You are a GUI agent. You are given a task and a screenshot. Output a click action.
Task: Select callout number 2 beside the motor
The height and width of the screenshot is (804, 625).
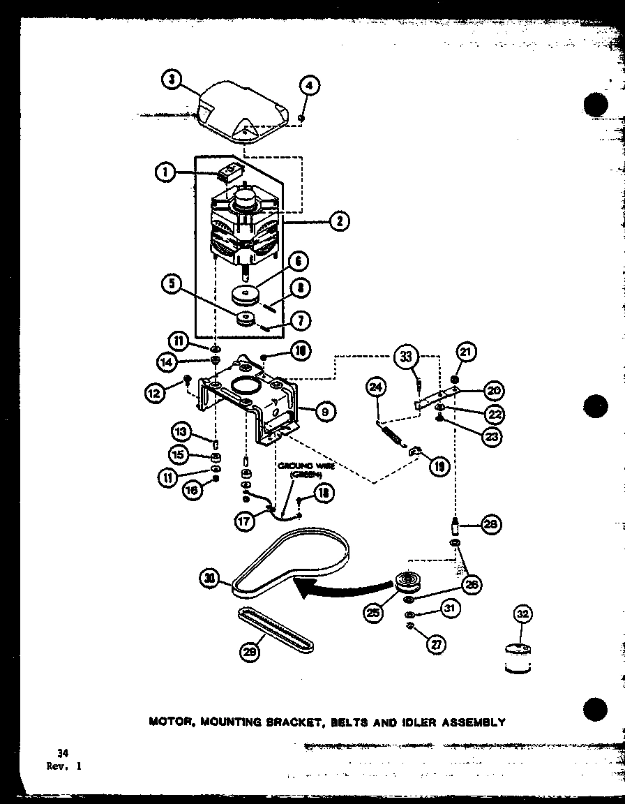[338, 222]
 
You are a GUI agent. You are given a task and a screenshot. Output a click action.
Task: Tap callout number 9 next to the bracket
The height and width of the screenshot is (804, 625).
[324, 412]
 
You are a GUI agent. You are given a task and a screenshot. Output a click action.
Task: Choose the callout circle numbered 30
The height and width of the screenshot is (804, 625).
[209, 577]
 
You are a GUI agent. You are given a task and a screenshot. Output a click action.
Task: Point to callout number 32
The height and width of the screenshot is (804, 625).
[522, 614]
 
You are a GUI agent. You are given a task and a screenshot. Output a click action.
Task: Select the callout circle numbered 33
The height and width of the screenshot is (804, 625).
[407, 357]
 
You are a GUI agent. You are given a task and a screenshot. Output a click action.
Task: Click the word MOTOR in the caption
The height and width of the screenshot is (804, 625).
[171, 722]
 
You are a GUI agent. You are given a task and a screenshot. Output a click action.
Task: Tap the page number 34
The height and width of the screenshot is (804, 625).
[63, 752]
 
